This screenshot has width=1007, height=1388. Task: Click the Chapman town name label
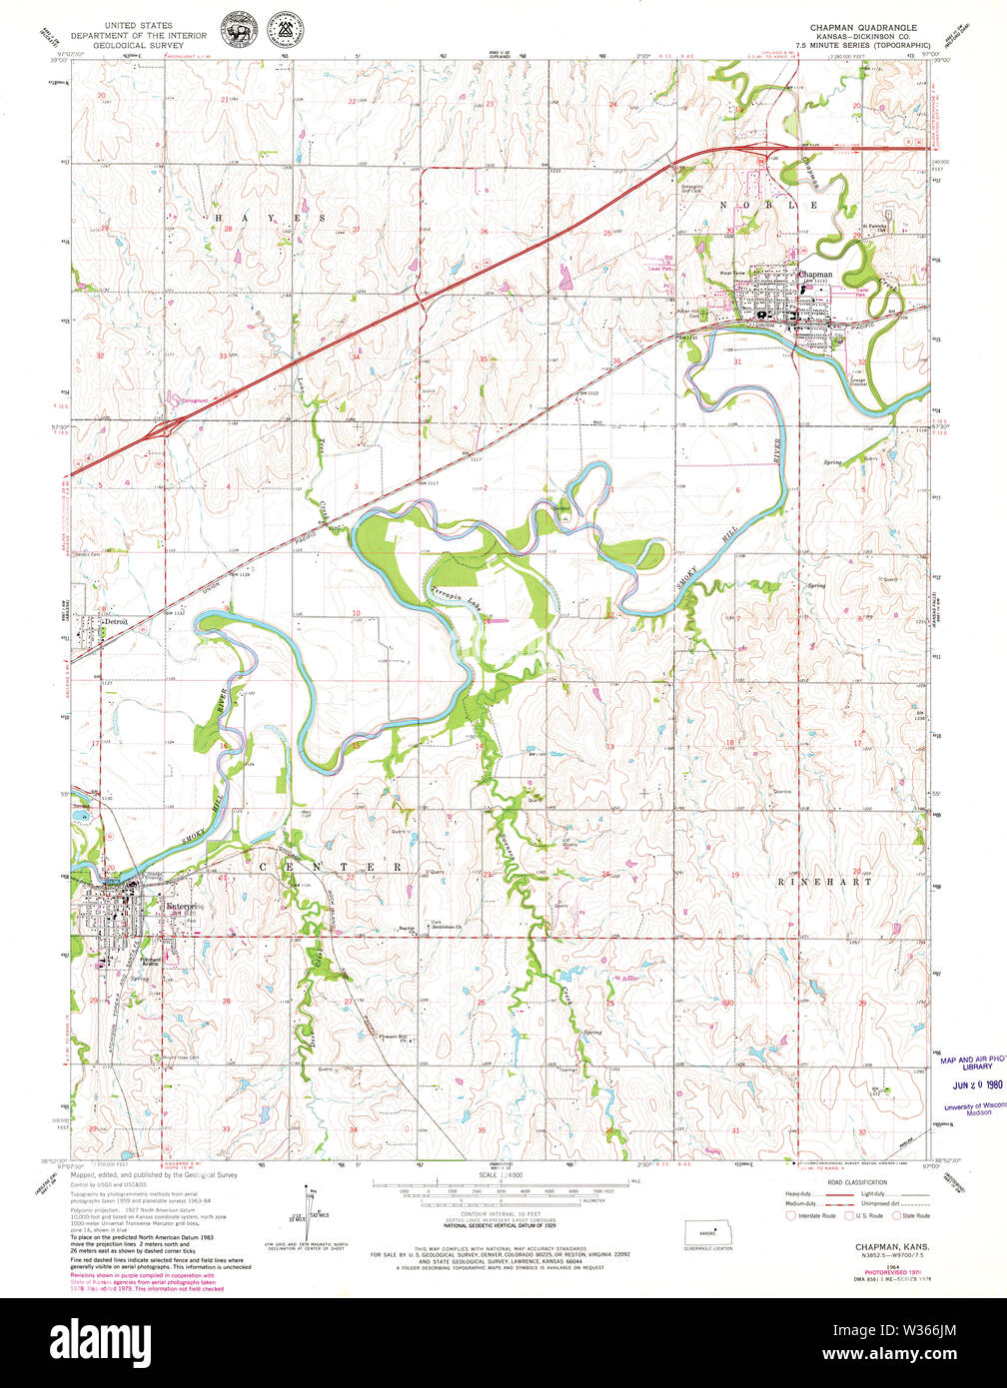point(815,275)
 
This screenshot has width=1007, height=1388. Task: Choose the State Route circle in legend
point(897,1215)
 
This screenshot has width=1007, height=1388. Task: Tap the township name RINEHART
point(824,882)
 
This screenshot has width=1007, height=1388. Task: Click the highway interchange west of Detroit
point(160,429)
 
